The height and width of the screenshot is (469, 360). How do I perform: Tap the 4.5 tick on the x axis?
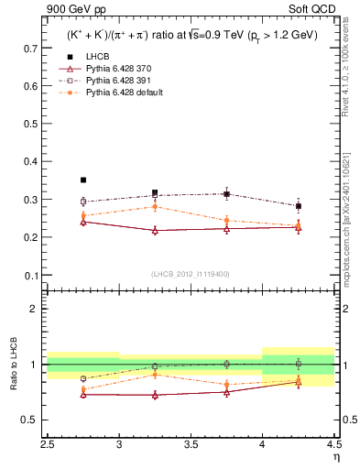coord(333,444)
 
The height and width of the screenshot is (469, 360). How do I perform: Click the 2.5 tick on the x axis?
coord(48,444)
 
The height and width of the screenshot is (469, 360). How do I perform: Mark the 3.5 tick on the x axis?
coord(191,444)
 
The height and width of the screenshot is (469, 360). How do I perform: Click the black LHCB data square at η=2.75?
coord(83,180)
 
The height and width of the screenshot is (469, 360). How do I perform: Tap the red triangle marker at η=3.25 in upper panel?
coord(155,230)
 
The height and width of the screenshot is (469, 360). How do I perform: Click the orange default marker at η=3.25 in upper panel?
coord(155,207)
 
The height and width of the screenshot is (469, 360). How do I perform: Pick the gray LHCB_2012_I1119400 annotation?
coord(191,274)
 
